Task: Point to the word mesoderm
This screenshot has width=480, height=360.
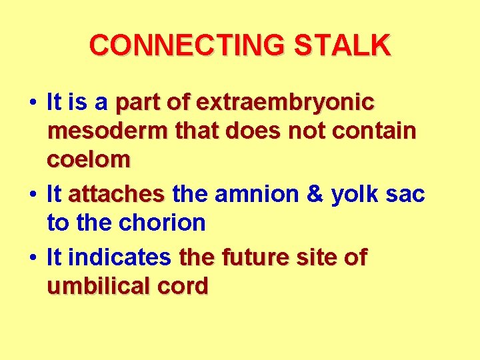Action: [106, 131]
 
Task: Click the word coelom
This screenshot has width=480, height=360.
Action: [89, 160]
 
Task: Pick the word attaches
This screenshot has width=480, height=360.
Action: [116, 195]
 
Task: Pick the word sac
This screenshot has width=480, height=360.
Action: [405, 195]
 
